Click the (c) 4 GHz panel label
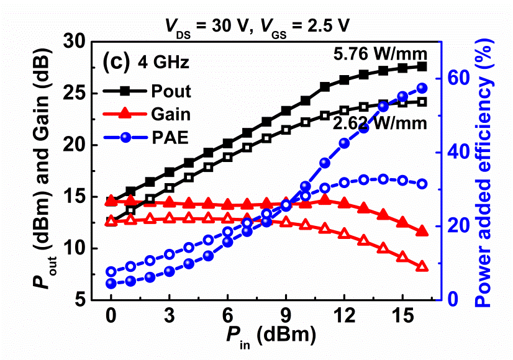(146, 63)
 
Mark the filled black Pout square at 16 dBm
(422, 66)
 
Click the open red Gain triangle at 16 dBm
(422, 266)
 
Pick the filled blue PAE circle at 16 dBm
(422, 88)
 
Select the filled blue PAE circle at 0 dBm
(111, 284)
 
